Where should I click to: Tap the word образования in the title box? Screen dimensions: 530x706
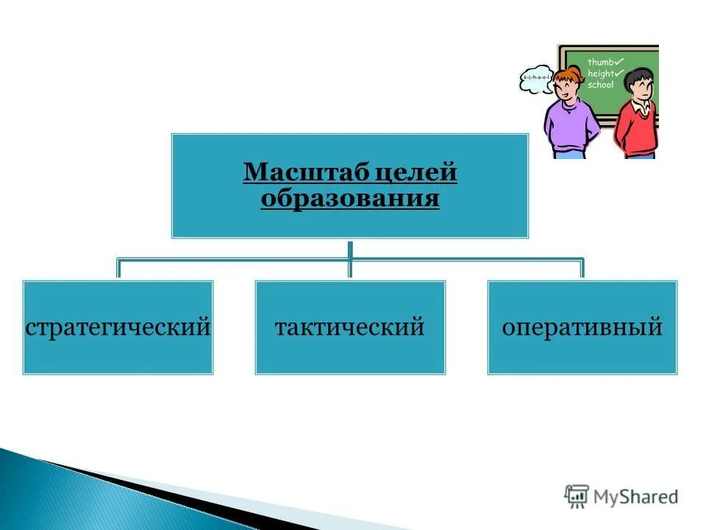pyautogui.click(x=350, y=198)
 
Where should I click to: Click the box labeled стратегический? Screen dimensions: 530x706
pyautogui.click(x=118, y=327)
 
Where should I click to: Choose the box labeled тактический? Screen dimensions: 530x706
pyautogui.click(x=350, y=327)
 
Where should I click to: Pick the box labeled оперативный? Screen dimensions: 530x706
pyautogui.click(x=582, y=327)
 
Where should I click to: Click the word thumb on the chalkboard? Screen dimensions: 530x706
pyautogui.click(x=599, y=63)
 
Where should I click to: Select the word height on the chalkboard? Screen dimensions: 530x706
pyautogui.click(x=600, y=74)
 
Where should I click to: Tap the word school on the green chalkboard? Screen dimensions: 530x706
pyautogui.click(x=600, y=85)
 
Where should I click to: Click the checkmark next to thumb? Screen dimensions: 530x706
pyautogui.click(x=619, y=61)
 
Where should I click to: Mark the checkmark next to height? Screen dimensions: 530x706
pyautogui.click(x=620, y=73)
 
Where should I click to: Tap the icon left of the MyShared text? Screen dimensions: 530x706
pyautogui.click(x=577, y=496)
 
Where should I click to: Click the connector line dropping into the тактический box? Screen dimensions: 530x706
pyautogui.click(x=350, y=269)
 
